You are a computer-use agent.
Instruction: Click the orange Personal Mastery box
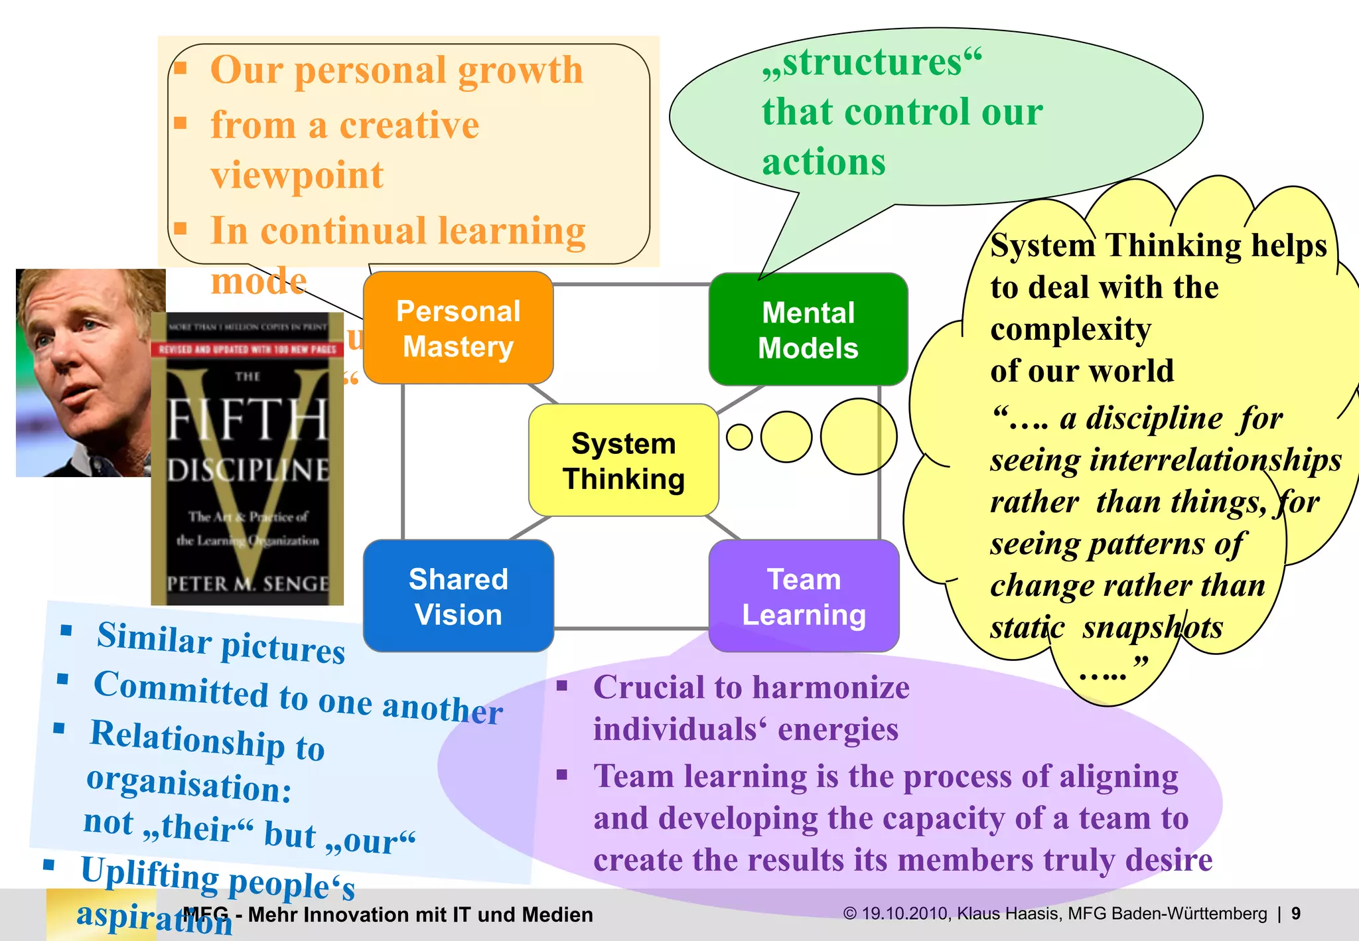click(x=458, y=328)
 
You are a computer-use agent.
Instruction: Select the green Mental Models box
click(x=808, y=329)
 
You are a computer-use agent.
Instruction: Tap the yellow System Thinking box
click(x=623, y=460)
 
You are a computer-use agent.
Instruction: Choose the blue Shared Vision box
click(x=458, y=596)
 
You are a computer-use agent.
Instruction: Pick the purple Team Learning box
click(x=804, y=596)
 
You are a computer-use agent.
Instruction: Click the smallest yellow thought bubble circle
click(x=739, y=437)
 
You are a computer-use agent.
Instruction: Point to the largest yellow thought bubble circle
click(x=859, y=437)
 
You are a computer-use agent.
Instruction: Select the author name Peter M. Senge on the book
click(x=248, y=584)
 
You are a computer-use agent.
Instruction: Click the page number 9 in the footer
click(x=1296, y=914)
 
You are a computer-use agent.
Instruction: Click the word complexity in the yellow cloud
click(x=1070, y=330)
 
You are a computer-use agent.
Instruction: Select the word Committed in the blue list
click(x=180, y=689)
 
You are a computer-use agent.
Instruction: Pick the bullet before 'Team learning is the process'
click(x=563, y=774)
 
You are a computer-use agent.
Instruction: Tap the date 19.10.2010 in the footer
click(x=904, y=914)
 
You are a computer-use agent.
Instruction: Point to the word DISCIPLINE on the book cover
click(x=248, y=470)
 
